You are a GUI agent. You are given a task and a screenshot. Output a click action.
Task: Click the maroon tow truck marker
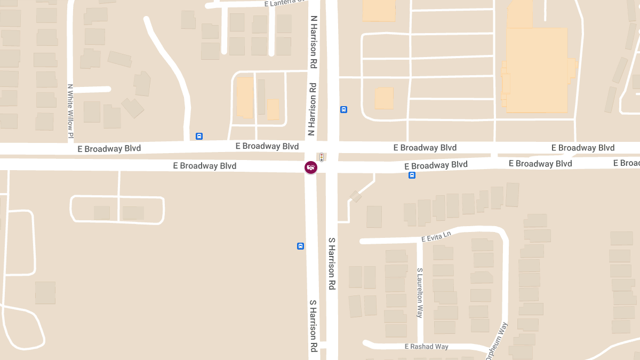point(310,167)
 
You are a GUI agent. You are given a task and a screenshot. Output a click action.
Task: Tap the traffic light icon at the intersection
point(322,157)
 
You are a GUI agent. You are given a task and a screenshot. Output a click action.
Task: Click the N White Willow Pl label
point(70,112)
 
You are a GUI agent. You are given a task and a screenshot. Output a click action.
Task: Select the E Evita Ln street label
point(436,236)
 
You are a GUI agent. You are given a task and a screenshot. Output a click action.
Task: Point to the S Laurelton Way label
point(420,293)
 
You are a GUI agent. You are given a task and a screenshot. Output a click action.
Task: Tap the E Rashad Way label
point(426,347)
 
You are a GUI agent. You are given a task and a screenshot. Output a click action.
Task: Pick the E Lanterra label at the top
point(285,4)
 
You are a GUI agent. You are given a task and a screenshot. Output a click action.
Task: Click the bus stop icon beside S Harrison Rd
point(301,246)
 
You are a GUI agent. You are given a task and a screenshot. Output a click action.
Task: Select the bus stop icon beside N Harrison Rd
point(344,109)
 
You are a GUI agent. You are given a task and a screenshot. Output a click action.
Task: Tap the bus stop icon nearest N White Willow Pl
point(199,136)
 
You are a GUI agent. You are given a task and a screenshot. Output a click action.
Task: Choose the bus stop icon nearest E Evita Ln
point(412,175)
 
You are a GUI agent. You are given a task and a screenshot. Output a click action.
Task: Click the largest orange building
point(536,69)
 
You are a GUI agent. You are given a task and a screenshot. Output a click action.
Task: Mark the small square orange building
point(384,98)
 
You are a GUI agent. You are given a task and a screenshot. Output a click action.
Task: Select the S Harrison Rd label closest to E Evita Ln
point(332,263)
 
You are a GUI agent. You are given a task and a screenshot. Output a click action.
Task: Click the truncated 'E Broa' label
point(626,163)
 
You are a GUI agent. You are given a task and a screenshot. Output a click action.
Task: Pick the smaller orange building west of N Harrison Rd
point(273,109)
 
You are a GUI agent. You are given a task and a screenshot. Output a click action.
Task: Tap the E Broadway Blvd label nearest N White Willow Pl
point(109,149)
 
